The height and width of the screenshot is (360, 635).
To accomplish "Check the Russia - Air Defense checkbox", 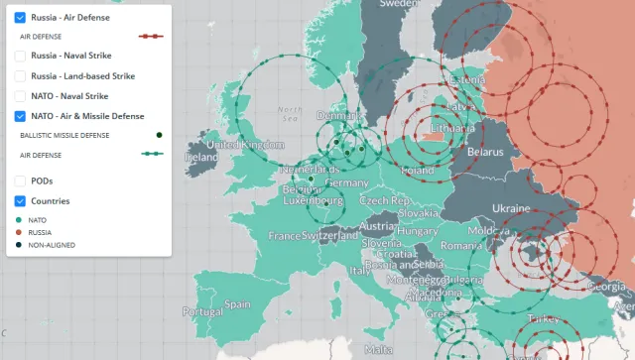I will click(x=20, y=17).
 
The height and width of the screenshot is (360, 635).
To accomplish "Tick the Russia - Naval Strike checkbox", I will click(x=20, y=56).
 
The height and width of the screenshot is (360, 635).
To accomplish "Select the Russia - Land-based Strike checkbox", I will click(x=20, y=75).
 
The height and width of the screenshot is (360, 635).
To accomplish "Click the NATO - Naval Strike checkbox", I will click(x=20, y=96).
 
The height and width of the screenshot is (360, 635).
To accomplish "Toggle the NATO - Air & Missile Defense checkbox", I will click(x=20, y=116).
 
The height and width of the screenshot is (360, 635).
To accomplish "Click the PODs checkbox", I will click(x=20, y=180).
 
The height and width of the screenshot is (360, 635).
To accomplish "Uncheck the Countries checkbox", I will click(x=20, y=200).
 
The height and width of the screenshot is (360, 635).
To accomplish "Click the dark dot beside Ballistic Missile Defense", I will click(x=159, y=135).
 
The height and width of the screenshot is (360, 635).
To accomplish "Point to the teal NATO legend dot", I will click(x=19, y=219).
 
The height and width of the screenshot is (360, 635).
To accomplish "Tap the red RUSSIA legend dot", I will click(x=19, y=232).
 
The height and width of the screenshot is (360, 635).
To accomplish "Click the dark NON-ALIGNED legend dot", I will click(x=19, y=245).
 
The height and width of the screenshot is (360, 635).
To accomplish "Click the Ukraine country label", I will click(x=510, y=208).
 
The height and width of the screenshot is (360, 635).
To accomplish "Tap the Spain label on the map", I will click(x=237, y=304).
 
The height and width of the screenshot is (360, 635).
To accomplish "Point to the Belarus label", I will click(x=485, y=152).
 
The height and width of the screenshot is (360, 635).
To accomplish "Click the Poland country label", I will click(x=417, y=171).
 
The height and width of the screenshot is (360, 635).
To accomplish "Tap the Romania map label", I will click(x=461, y=244).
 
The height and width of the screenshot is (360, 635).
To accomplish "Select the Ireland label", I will click(x=200, y=157).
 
